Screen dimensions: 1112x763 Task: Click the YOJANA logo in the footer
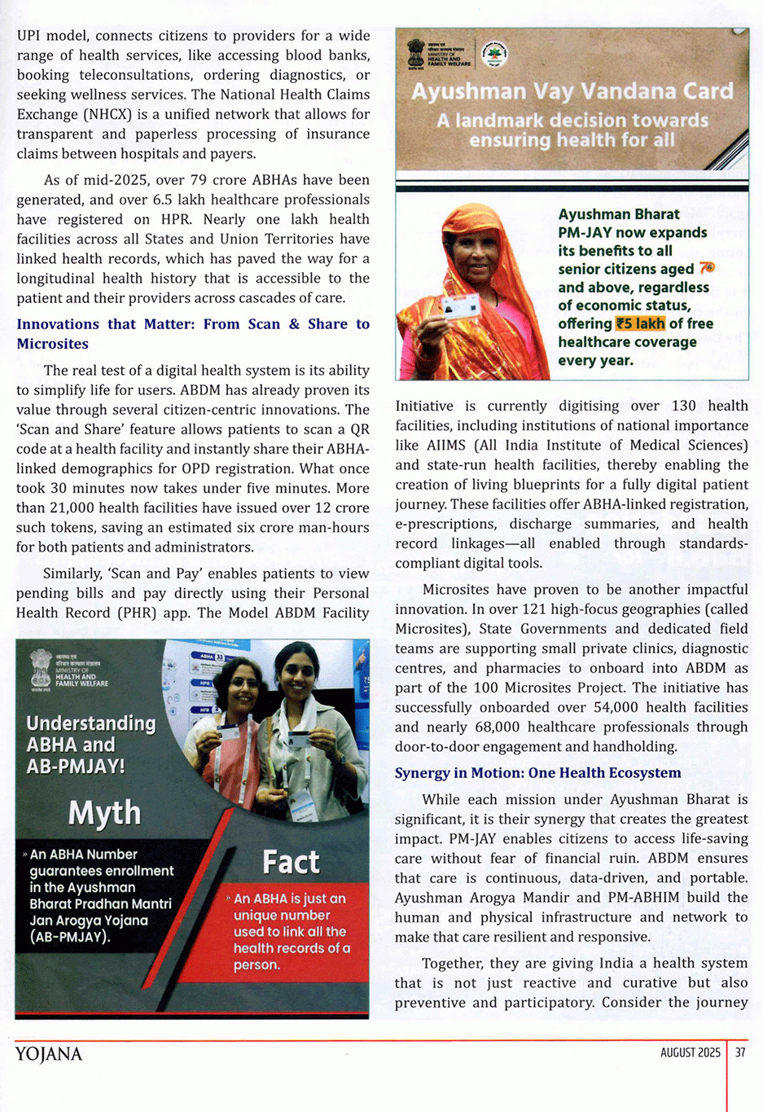click(x=49, y=1054)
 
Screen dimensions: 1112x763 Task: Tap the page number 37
click(x=740, y=1053)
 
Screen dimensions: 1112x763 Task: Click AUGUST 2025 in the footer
click(x=690, y=1053)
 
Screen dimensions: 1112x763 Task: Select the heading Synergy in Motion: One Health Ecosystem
click(x=537, y=773)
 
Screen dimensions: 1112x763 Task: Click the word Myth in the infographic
click(x=104, y=813)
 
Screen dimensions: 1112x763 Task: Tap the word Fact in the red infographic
click(x=291, y=862)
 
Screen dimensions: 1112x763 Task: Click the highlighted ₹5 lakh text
click(x=640, y=323)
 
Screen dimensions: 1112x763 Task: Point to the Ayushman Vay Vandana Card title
click(x=572, y=91)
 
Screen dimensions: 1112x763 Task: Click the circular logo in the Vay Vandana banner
click(x=494, y=55)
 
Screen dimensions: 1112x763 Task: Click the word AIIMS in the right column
click(x=445, y=446)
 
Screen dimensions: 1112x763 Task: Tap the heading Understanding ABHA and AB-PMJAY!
click(x=90, y=744)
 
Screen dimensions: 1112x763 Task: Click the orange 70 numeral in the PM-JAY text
click(x=706, y=268)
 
